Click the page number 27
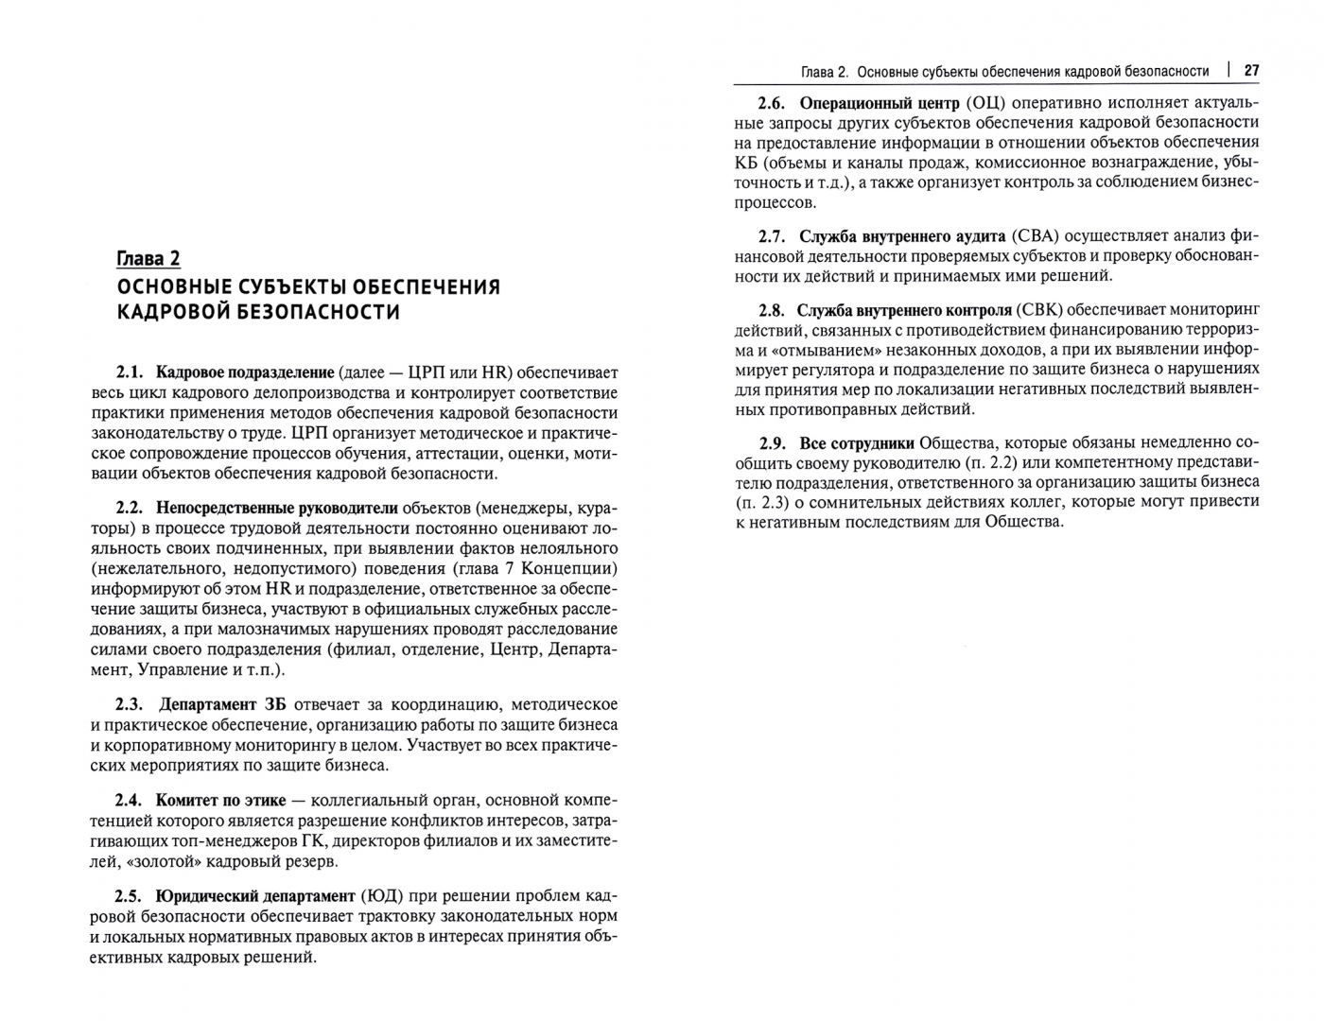(1251, 71)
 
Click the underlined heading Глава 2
(148, 259)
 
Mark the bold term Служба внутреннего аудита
(901, 235)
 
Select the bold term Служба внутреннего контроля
(904, 309)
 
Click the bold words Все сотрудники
(857, 442)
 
